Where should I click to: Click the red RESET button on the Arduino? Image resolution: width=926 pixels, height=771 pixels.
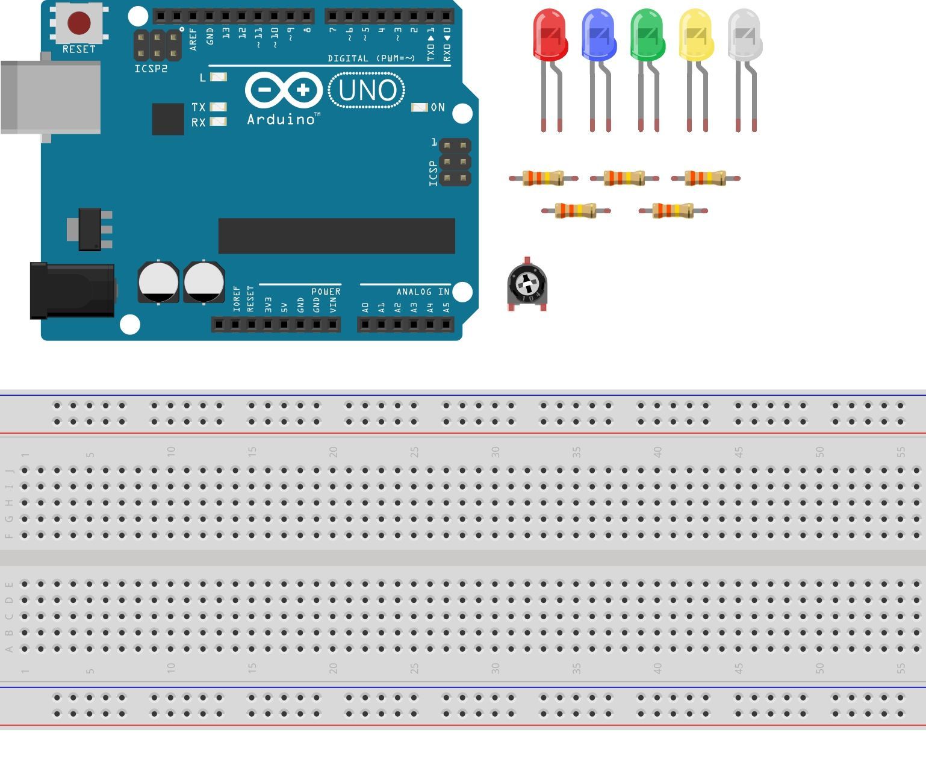[79, 23]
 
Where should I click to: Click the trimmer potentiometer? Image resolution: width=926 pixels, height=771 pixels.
[527, 284]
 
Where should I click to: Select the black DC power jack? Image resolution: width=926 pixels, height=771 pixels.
[72, 290]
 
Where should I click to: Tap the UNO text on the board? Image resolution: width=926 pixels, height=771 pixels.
[367, 90]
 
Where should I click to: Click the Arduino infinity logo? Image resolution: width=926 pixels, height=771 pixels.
[284, 90]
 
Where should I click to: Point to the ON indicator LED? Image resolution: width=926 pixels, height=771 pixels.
[419, 107]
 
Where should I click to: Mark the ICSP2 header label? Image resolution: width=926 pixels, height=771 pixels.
[151, 69]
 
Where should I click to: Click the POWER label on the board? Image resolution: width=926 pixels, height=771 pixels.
[326, 292]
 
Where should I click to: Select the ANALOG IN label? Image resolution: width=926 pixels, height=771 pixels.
[423, 292]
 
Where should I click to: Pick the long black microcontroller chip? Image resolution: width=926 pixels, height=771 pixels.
[337, 236]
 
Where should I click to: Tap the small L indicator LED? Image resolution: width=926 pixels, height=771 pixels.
[219, 77]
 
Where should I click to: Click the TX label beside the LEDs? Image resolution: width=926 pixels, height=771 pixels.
[198, 107]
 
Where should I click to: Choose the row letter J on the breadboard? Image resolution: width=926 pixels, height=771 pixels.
[9, 470]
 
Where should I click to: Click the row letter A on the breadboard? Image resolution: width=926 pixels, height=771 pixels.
[9, 649]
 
